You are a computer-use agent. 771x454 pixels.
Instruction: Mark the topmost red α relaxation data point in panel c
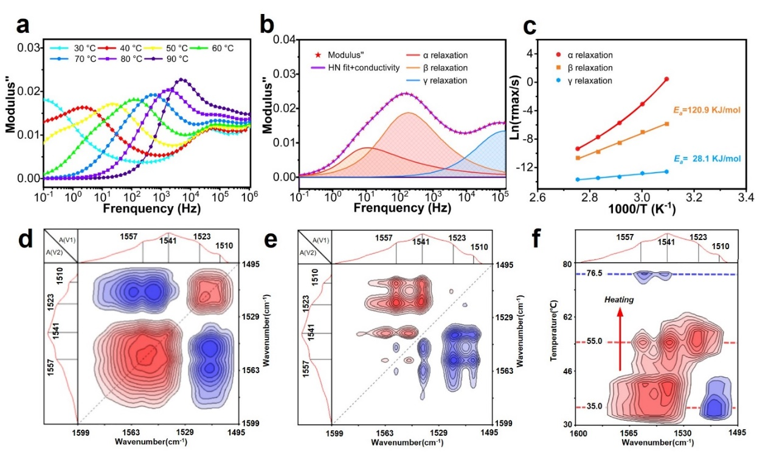click(x=666, y=79)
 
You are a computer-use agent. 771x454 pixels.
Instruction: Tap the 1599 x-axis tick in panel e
click(x=331, y=433)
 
